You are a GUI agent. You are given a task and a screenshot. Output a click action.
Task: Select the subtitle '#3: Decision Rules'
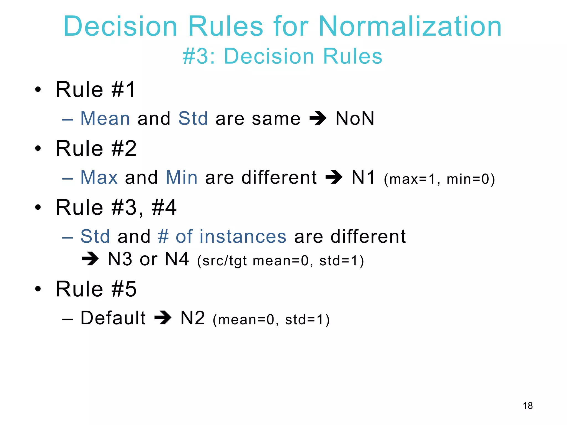(282, 56)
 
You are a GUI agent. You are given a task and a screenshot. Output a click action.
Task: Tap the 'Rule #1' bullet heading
(96, 90)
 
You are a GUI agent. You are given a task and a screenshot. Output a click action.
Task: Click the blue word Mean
(105, 118)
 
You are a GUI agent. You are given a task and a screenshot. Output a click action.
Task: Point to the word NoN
(355, 118)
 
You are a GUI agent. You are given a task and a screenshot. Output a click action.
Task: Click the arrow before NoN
(318, 118)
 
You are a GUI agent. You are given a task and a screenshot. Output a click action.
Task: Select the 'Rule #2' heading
(96, 149)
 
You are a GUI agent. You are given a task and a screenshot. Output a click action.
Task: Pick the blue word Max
(99, 177)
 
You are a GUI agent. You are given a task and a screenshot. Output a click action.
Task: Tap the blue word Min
(182, 177)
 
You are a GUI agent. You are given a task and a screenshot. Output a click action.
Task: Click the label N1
(363, 177)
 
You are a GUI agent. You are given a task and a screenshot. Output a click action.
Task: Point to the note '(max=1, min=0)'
(439, 179)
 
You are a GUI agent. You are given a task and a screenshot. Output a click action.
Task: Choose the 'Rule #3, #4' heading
(116, 208)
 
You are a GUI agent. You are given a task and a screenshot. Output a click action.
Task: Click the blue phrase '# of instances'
(222, 237)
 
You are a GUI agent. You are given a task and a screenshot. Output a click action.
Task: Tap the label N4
(177, 259)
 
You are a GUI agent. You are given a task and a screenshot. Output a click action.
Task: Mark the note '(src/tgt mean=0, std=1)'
(280, 261)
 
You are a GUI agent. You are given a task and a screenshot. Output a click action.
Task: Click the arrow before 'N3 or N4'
(90, 259)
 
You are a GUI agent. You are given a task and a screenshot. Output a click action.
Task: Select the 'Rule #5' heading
(96, 289)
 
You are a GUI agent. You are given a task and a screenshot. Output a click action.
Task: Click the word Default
(113, 318)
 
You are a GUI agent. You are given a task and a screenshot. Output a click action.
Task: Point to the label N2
(193, 318)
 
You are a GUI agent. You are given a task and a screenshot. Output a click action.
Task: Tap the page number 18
(528, 406)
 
